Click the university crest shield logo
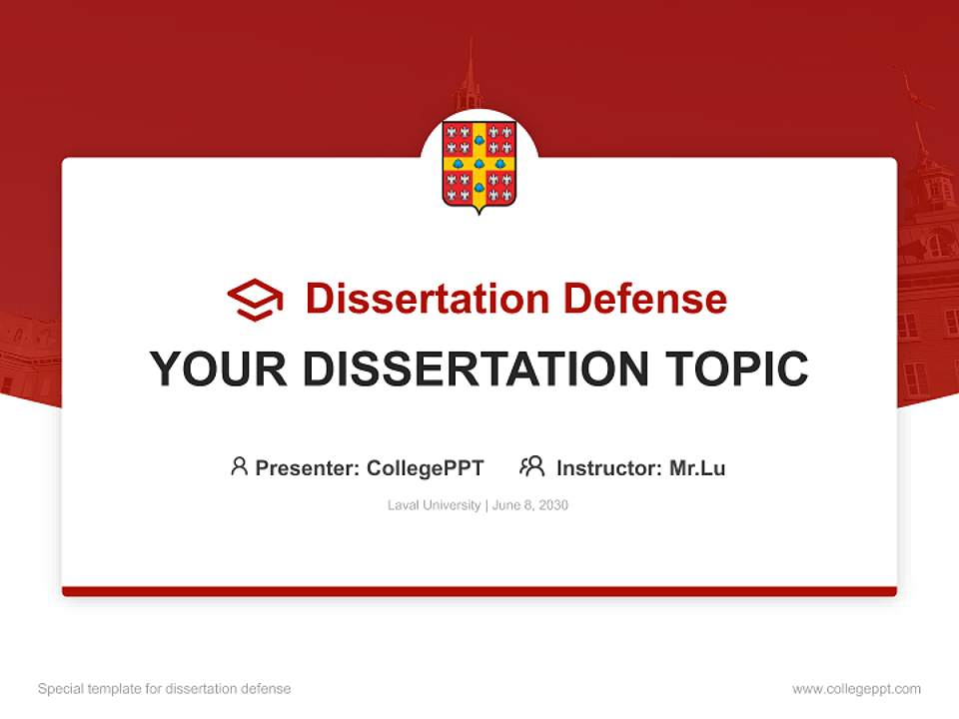coord(479,166)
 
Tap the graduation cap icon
coord(255,299)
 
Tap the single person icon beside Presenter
coord(239,466)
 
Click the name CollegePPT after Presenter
coord(426,468)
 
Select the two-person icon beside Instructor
coord(532,466)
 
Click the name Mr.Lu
coord(697,468)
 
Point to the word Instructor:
coord(609,468)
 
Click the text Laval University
coord(434,505)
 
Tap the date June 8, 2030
coord(530,505)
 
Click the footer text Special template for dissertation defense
coord(165,689)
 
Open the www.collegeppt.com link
coord(856,689)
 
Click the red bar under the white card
coord(479,591)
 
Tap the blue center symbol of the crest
coord(479,164)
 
